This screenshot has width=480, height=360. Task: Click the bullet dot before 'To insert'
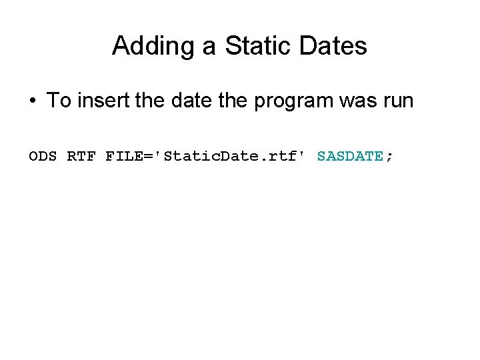32,102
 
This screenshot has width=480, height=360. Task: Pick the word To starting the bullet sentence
58,101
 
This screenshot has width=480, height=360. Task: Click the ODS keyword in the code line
44,157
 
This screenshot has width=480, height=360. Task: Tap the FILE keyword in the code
121,157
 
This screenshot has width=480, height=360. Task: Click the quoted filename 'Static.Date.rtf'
227,157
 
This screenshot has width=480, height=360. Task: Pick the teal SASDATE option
350,157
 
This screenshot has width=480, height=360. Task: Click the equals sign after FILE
140,157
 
